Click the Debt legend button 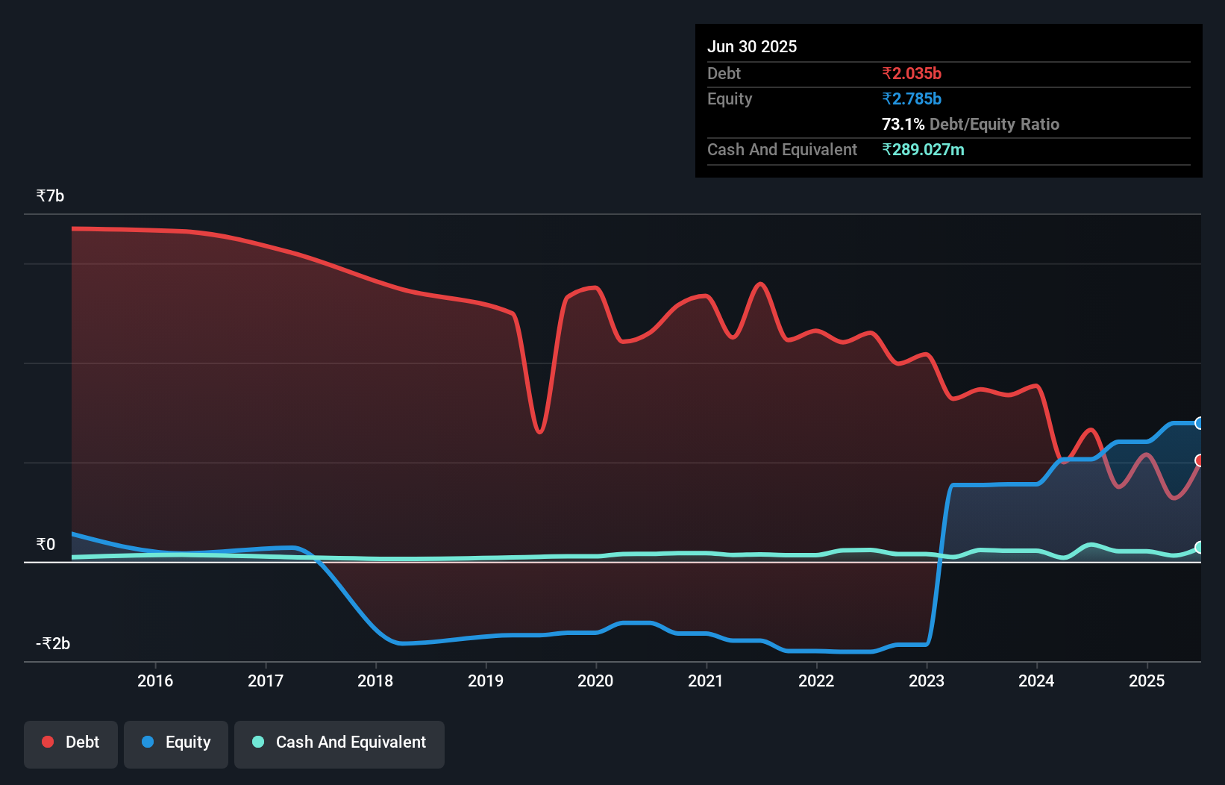click(x=71, y=742)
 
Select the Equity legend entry click(x=176, y=742)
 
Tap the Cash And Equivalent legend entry click(x=339, y=742)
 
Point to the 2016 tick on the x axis click(x=155, y=681)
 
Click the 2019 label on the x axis click(x=486, y=681)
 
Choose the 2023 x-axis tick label click(x=927, y=681)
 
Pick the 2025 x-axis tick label click(x=1147, y=681)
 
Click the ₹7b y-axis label click(x=50, y=196)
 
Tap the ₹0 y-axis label click(x=46, y=545)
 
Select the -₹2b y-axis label click(x=53, y=644)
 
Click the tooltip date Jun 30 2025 click(x=752, y=47)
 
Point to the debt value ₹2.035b click(x=912, y=74)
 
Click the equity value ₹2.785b click(x=912, y=99)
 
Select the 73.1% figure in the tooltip click(x=903, y=125)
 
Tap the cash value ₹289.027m click(x=923, y=150)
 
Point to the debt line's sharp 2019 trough click(x=539, y=432)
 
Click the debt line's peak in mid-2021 click(x=760, y=284)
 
